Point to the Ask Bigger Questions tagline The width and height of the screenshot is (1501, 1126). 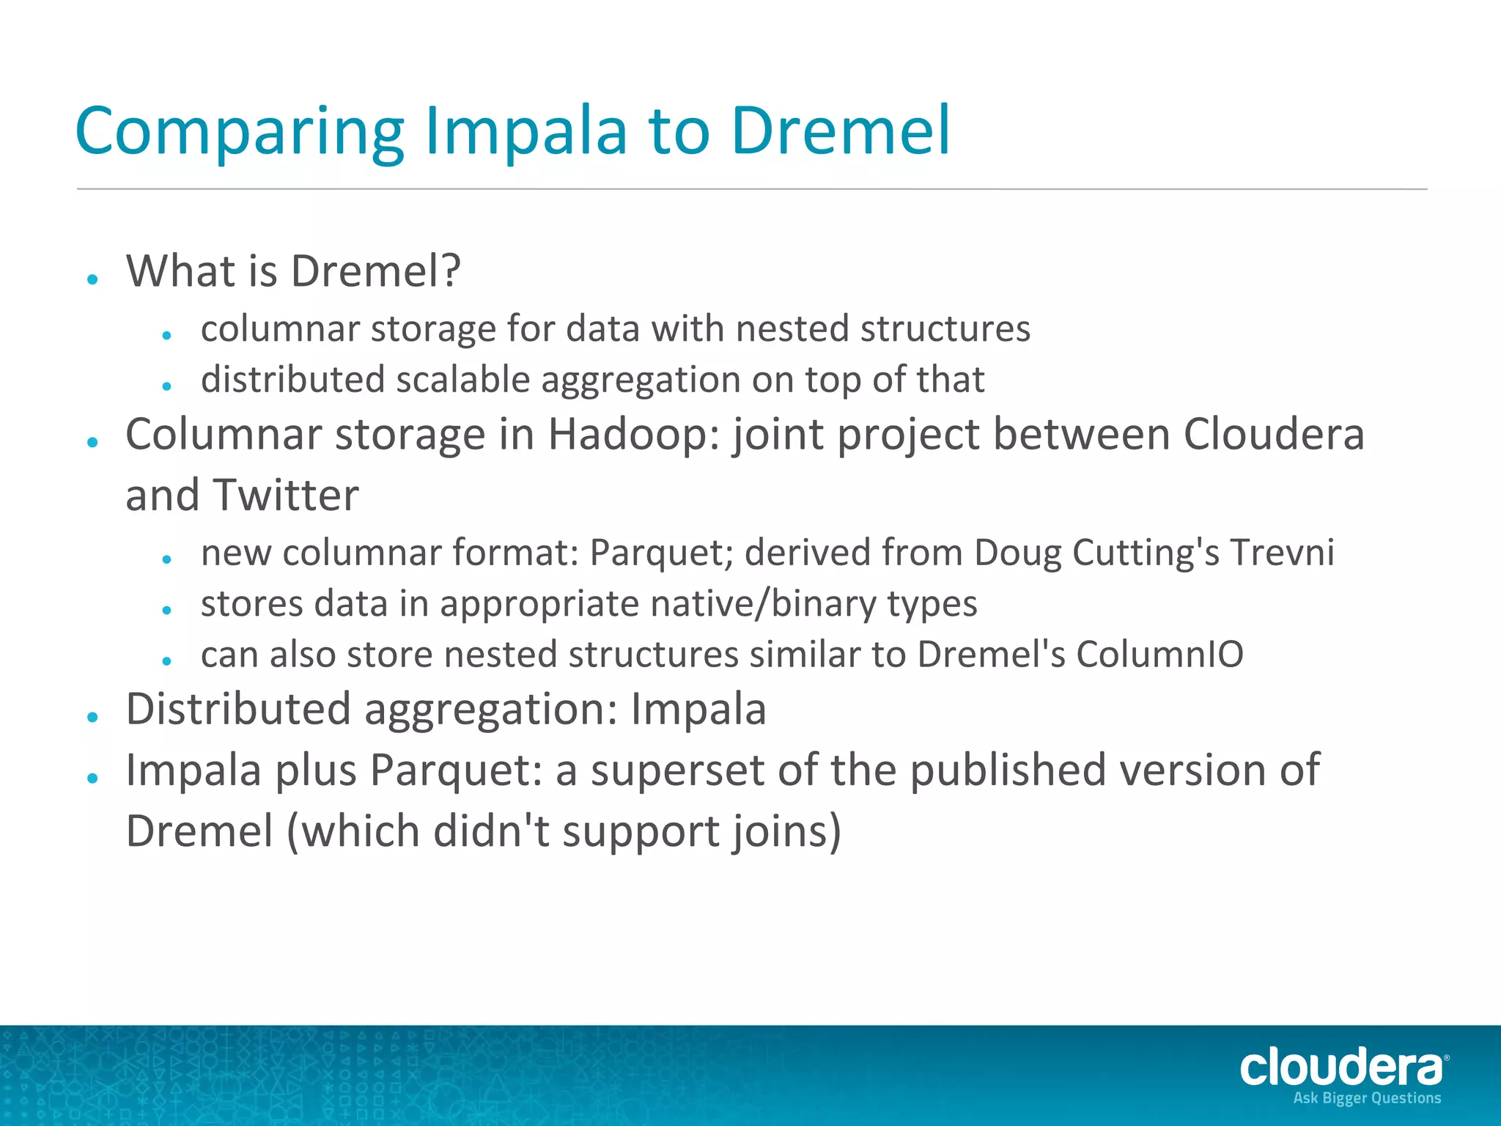(1367, 1098)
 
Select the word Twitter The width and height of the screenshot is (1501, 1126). (285, 495)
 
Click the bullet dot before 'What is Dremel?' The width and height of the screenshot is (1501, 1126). (92, 279)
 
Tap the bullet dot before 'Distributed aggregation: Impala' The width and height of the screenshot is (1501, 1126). (92, 717)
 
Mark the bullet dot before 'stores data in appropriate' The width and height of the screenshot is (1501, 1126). (167, 609)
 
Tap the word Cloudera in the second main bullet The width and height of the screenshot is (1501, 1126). (1274, 434)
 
